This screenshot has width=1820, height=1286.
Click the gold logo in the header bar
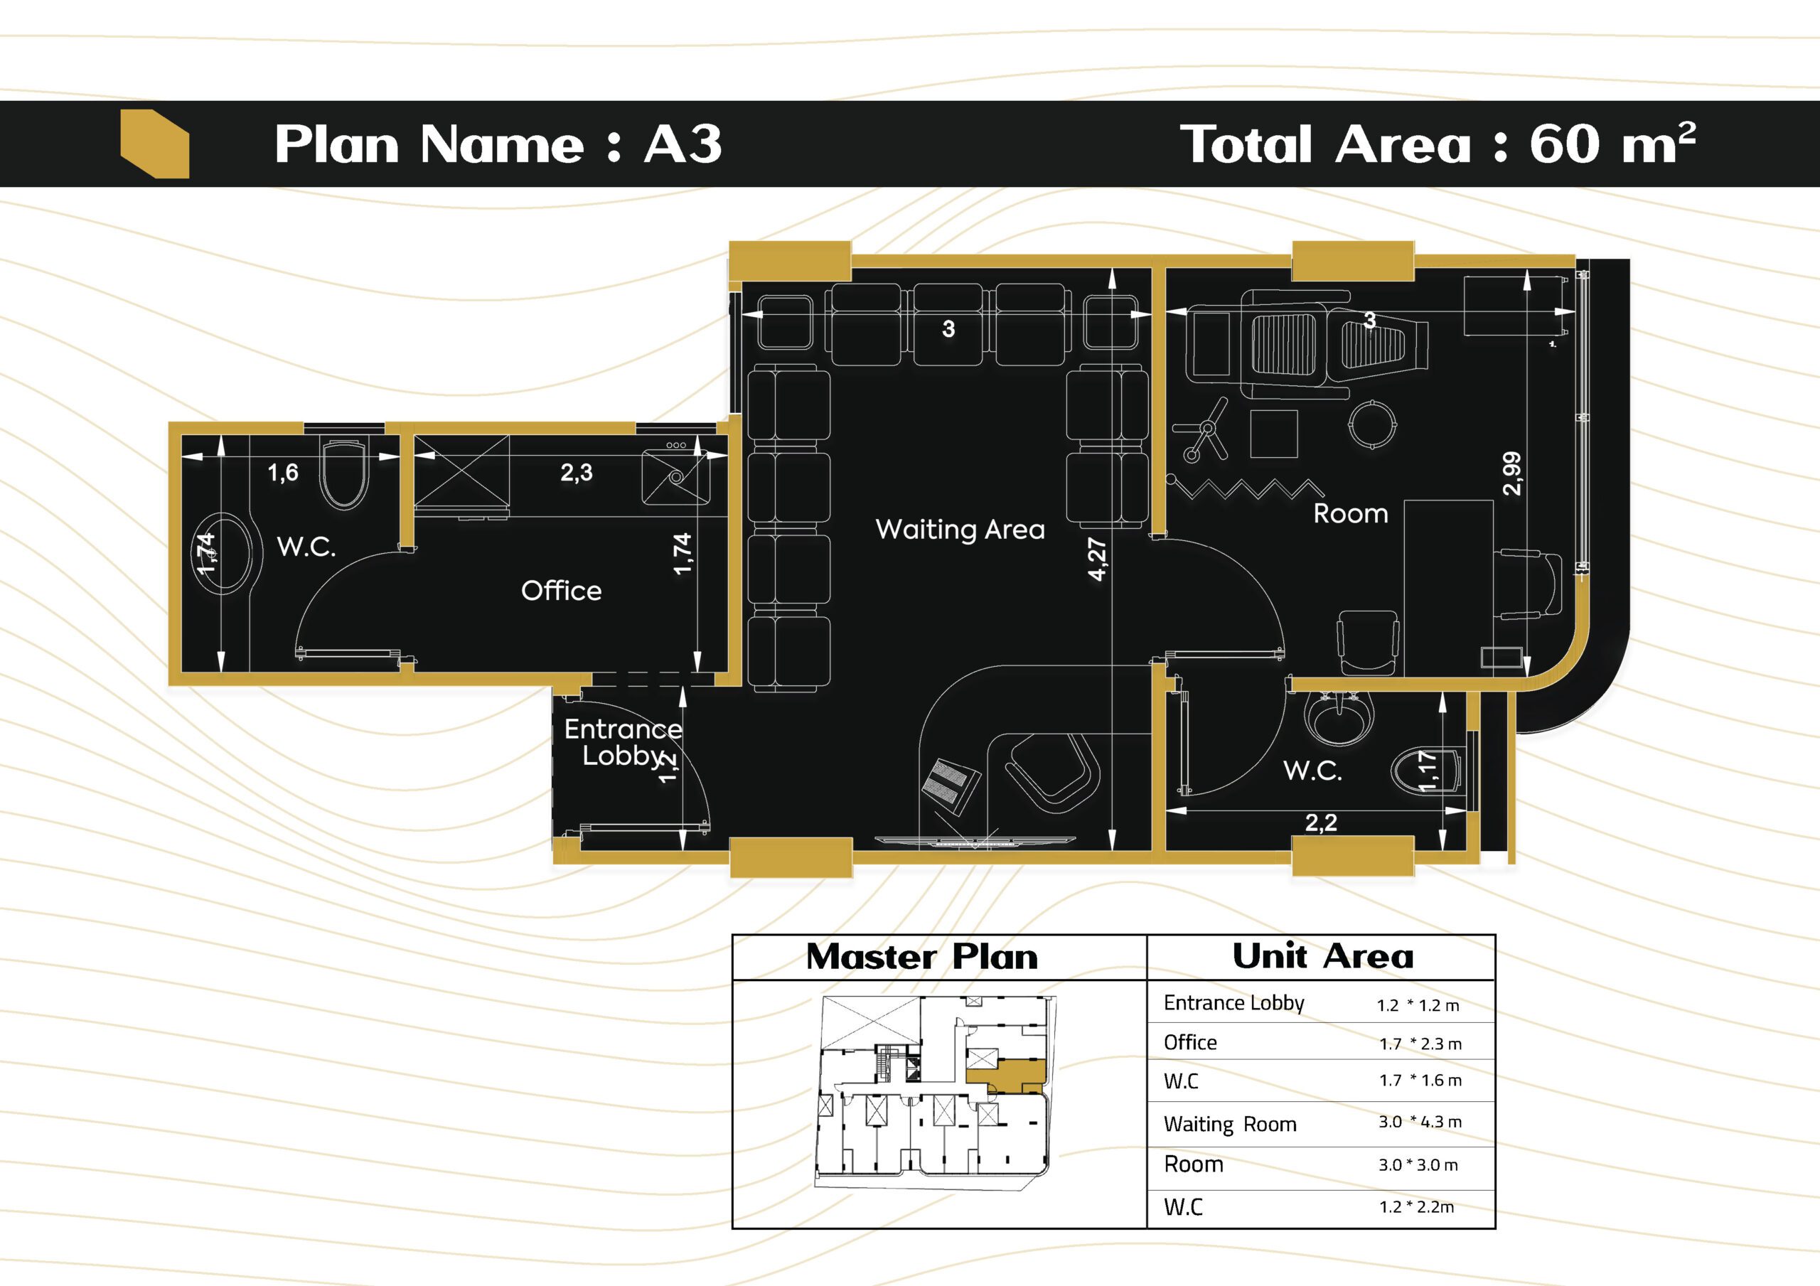(x=154, y=144)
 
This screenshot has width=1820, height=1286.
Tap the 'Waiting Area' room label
(x=960, y=530)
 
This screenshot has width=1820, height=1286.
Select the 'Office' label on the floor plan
(x=561, y=591)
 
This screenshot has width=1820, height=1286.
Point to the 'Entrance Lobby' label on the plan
(x=623, y=742)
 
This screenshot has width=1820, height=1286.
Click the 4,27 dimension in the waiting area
(x=1097, y=559)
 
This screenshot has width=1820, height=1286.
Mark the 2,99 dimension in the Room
(x=1512, y=473)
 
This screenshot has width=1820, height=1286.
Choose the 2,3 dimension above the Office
(x=577, y=473)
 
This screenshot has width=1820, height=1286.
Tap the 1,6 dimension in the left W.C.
(x=283, y=473)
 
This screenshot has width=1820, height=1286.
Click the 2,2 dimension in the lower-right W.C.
(x=1321, y=823)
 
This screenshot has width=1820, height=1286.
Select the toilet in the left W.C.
(x=345, y=473)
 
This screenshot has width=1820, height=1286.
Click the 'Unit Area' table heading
(x=1322, y=956)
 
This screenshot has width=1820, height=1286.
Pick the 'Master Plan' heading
(x=922, y=957)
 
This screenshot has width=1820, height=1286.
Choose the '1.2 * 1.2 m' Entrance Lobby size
(x=1418, y=1005)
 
